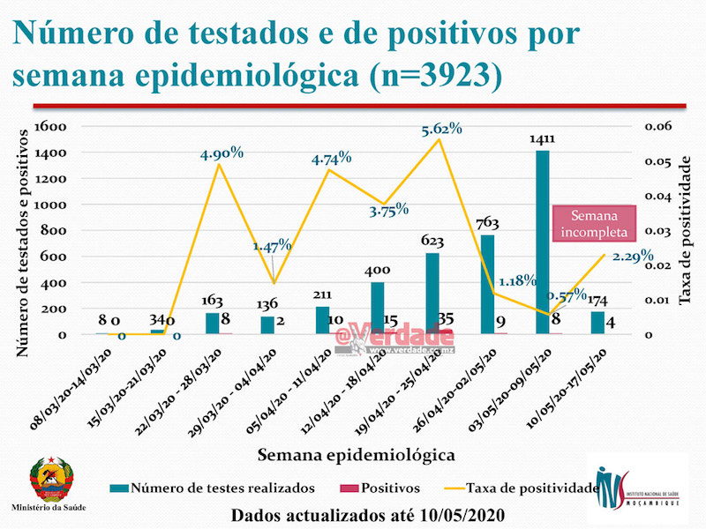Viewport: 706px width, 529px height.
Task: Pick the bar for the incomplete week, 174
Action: pos(597,323)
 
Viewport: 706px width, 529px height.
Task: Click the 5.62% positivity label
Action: pos(441,129)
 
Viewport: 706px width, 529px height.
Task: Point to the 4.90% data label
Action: pos(222,153)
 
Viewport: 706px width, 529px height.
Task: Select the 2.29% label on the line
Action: pos(632,257)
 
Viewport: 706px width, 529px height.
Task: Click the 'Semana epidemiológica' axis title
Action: pos(357,455)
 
